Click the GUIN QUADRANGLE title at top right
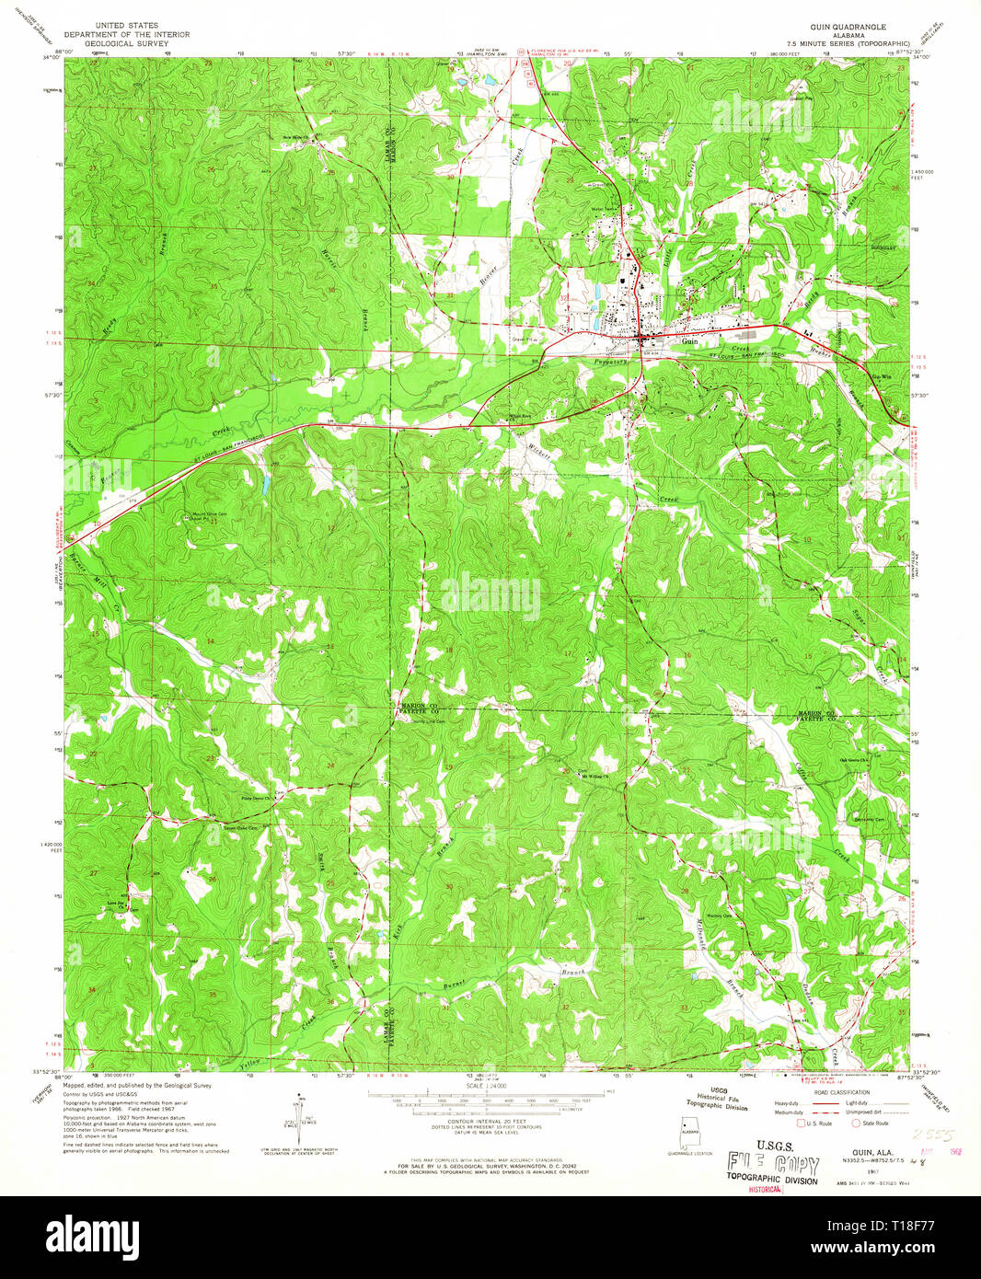pyautogui.click(x=848, y=27)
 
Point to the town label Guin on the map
pyautogui.click(x=690, y=340)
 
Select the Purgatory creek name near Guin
pyautogui.click(x=608, y=362)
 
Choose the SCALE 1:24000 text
pyautogui.click(x=486, y=1087)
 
